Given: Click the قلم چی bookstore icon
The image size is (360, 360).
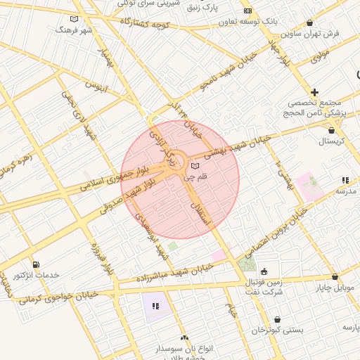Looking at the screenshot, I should coord(195,166).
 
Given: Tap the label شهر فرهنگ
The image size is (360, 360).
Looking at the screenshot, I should coord(75,31).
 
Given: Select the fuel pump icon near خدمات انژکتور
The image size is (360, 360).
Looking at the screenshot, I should coord(36,264).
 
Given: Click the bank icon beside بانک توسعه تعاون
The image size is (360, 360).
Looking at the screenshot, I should coord(247,11).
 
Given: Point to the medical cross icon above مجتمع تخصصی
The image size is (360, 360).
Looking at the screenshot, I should coord(314,92).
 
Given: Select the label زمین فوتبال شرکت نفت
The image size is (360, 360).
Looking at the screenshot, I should coord(264,286).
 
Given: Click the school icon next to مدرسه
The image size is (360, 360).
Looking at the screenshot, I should coord(345,181).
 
